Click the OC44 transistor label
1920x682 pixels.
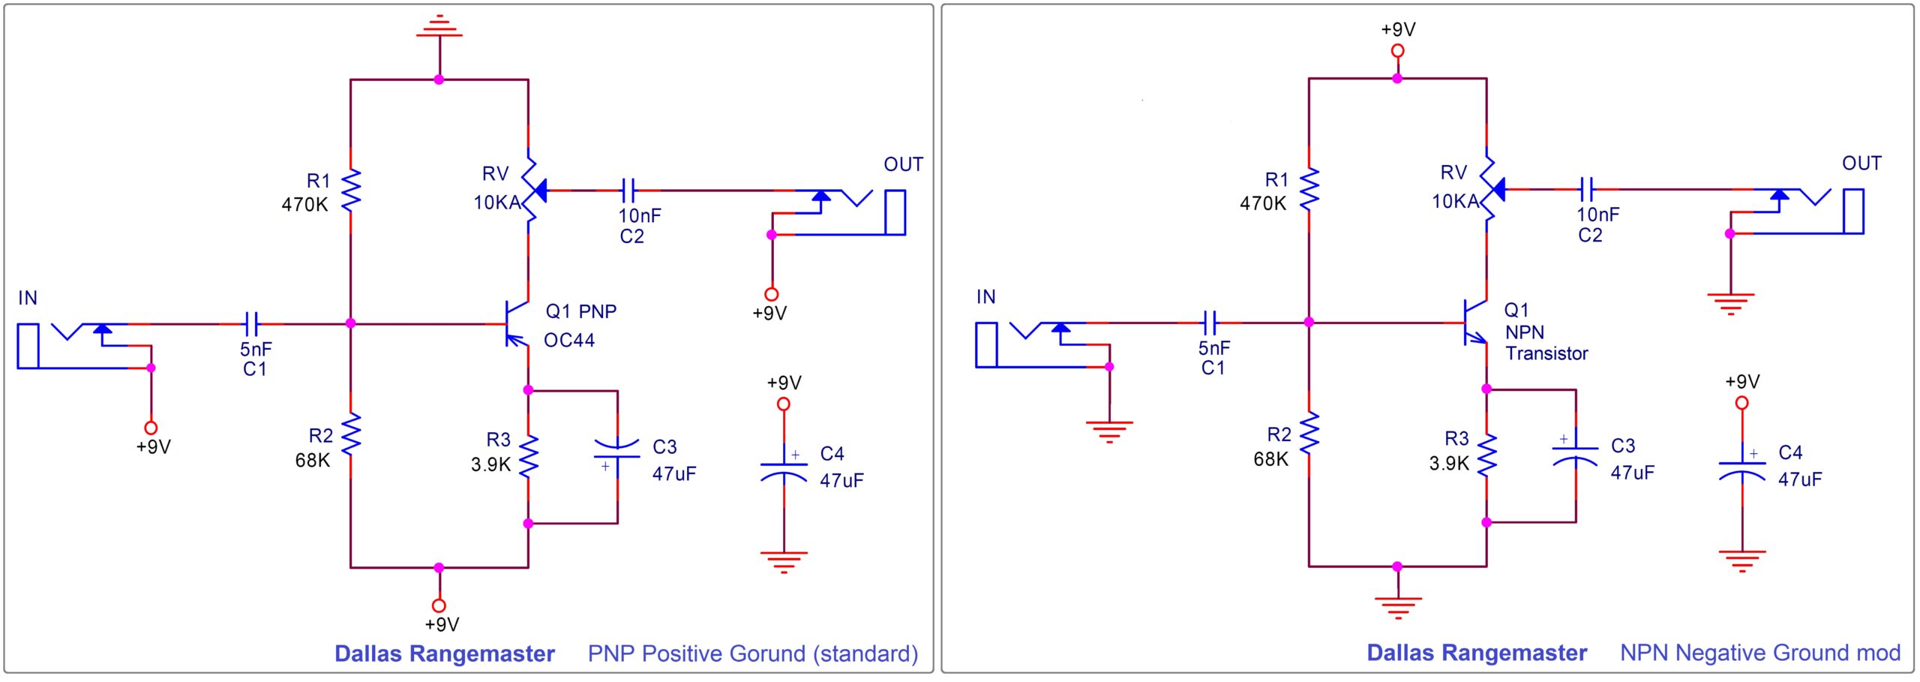click(x=569, y=341)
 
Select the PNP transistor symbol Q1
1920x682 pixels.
click(x=517, y=324)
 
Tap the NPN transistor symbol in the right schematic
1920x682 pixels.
click(x=1475, y=323)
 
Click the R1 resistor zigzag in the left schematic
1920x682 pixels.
click(x=350, y=191)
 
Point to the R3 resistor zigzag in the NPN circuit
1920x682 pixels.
click(x=1486, y=455)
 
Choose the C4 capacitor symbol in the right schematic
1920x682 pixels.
click(x=1741, y=468)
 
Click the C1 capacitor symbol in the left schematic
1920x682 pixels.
click(x=252, y=324)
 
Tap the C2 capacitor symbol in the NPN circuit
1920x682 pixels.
click(x=1585, y=189)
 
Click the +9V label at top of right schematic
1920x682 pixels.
click(x=1398, y=29)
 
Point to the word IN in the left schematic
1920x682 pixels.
click(x=28, y=298)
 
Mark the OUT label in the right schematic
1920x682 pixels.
click(x=1861, y=163)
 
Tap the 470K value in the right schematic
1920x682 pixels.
click(x=1263, y=203)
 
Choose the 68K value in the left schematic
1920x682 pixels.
click(x=313, y=460)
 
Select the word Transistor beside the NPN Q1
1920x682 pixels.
click(x=1546, y=353)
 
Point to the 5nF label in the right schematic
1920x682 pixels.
click(x=1214, y=348)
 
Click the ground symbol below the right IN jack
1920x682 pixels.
click(x=1109, y=431)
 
